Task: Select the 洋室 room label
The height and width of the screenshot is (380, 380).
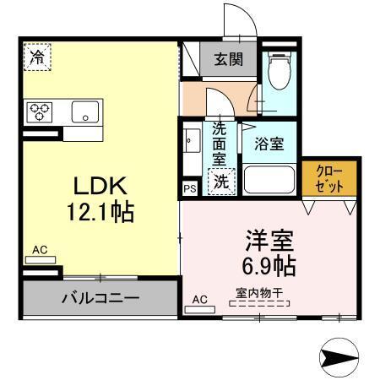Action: pyautogui.click(x=269, y=240)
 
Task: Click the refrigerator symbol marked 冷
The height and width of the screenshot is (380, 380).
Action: pyautogui.click(x=36, y=57)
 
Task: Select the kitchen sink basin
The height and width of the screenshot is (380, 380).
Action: pyautogui.click(x=84, y=111)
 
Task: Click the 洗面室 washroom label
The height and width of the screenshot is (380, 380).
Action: pyautogui.click(x=220, y=144)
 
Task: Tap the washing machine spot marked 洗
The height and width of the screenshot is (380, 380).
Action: pyautogui.click(x=221, y=180)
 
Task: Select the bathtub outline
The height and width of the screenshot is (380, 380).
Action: pyautogui.click(x=269, y=180)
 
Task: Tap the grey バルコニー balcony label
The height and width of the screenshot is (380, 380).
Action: pyautogui.click(x=100, y=297)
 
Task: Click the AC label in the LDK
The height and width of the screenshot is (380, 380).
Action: pyautogui.click(x=39, y=250)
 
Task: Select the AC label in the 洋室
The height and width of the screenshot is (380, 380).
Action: pyautogui.click(x=199, y=300)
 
